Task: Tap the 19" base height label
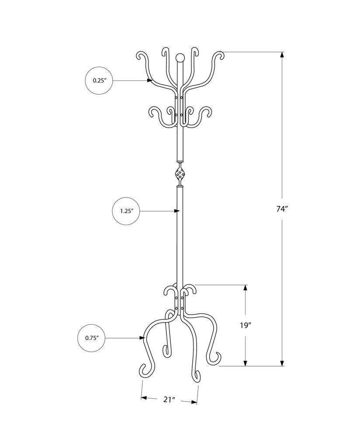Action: [246, 325]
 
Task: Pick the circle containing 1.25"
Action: [126, 211]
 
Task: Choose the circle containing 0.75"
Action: [92, 338]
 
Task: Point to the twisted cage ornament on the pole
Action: [180, 175]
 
